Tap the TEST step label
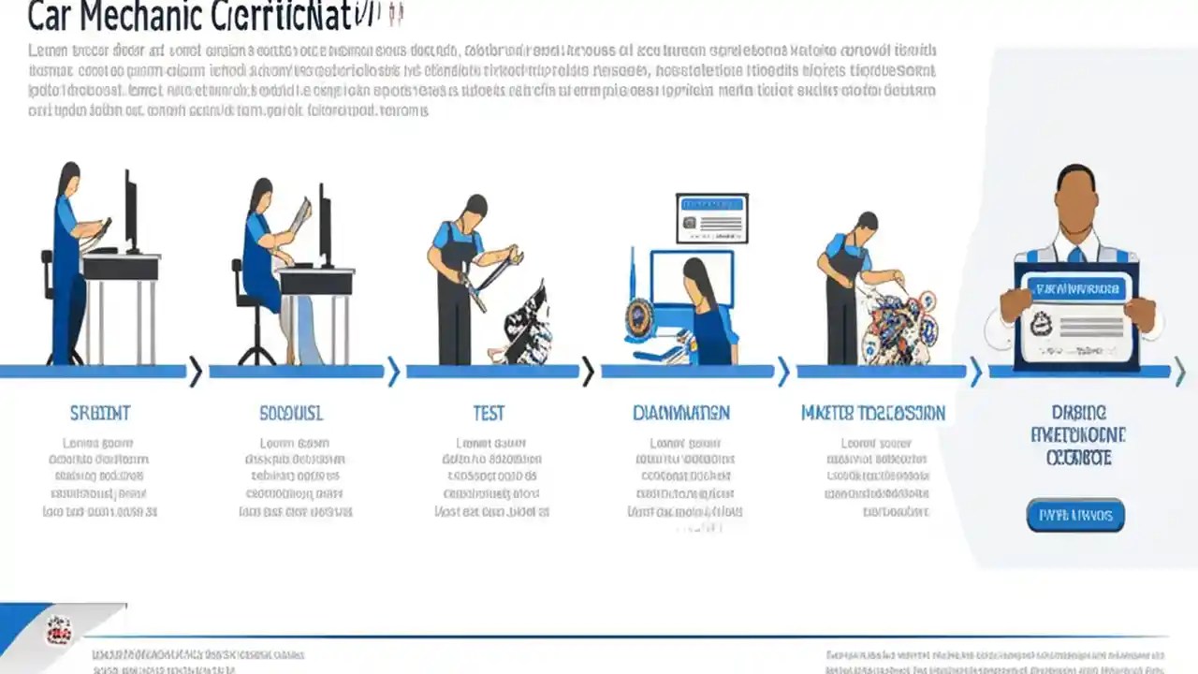489,413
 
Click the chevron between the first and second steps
195,372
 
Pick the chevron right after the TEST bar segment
588,372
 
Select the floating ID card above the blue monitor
711,217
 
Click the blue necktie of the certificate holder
1076,254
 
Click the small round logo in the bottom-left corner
59,630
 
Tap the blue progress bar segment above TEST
492,372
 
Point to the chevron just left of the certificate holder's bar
976,372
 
